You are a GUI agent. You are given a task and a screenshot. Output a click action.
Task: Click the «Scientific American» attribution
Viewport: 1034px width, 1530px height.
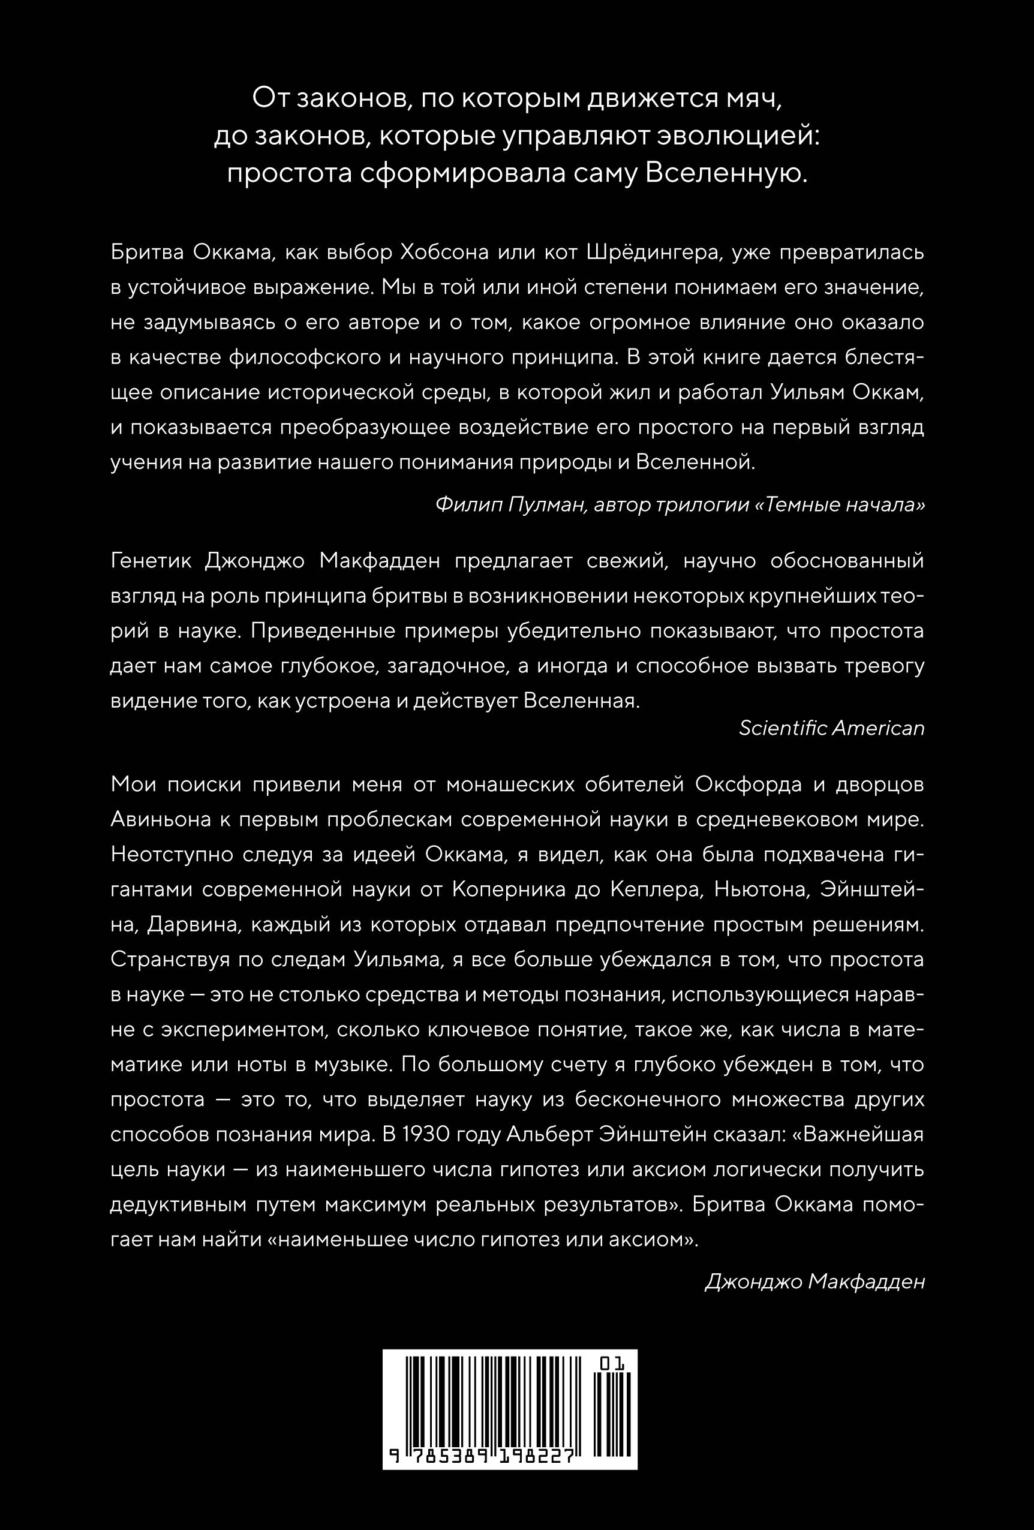point(832,728)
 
